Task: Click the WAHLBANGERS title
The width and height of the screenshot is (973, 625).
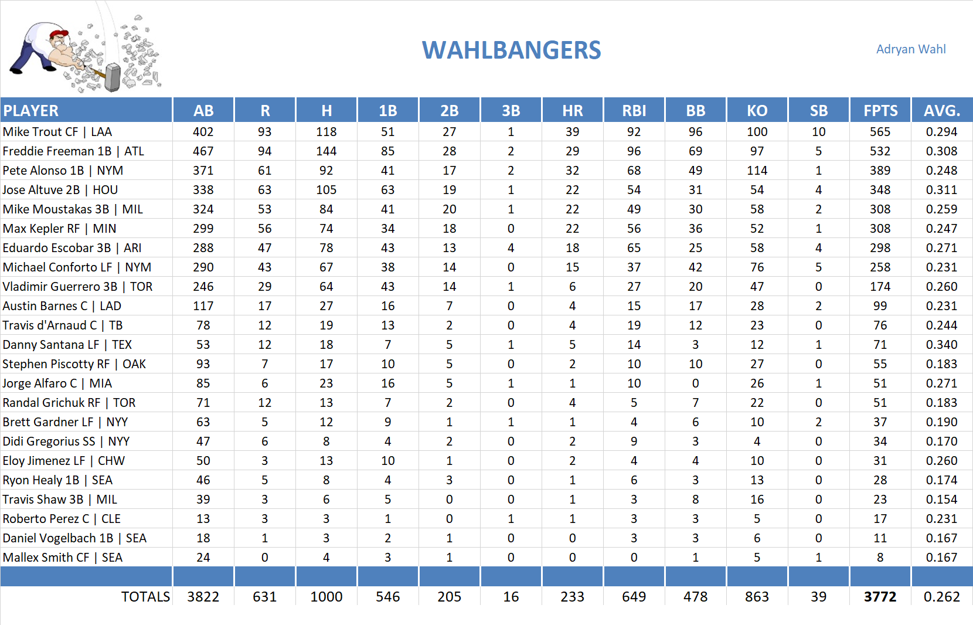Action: pos(511,50)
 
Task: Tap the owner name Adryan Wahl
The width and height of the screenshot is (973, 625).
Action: pos(910,49)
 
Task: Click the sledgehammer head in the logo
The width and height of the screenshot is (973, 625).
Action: pos(113,77)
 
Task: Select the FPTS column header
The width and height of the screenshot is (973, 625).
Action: pos(880,111)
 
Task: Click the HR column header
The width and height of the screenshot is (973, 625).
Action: pos(572,111)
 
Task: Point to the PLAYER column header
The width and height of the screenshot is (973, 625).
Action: pos(31,111)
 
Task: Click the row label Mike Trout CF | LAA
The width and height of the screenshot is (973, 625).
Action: pos(57,132)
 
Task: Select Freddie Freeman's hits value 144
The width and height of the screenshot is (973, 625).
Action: pos(326,151)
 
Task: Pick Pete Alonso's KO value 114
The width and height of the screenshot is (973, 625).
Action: pos(757,171)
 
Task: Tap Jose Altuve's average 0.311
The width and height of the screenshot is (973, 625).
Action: pos(941,190)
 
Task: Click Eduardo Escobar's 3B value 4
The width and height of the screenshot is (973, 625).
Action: pos(511,248)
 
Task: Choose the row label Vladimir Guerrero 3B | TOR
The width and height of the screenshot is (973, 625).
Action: pos(77,287)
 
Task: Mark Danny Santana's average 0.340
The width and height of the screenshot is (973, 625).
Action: pos(941,345)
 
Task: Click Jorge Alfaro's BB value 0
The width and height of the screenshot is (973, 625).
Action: pos(695,383)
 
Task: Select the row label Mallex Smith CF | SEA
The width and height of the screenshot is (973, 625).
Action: pos(63,558)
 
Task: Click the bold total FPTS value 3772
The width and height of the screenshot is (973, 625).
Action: pos(880,597)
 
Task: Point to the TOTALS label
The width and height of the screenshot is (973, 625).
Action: pos(145,597)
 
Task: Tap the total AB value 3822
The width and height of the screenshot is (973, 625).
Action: pos(203,597)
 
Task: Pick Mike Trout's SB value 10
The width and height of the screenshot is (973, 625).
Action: pos(818,132)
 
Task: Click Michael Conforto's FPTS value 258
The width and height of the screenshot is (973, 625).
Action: pos(880,267)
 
